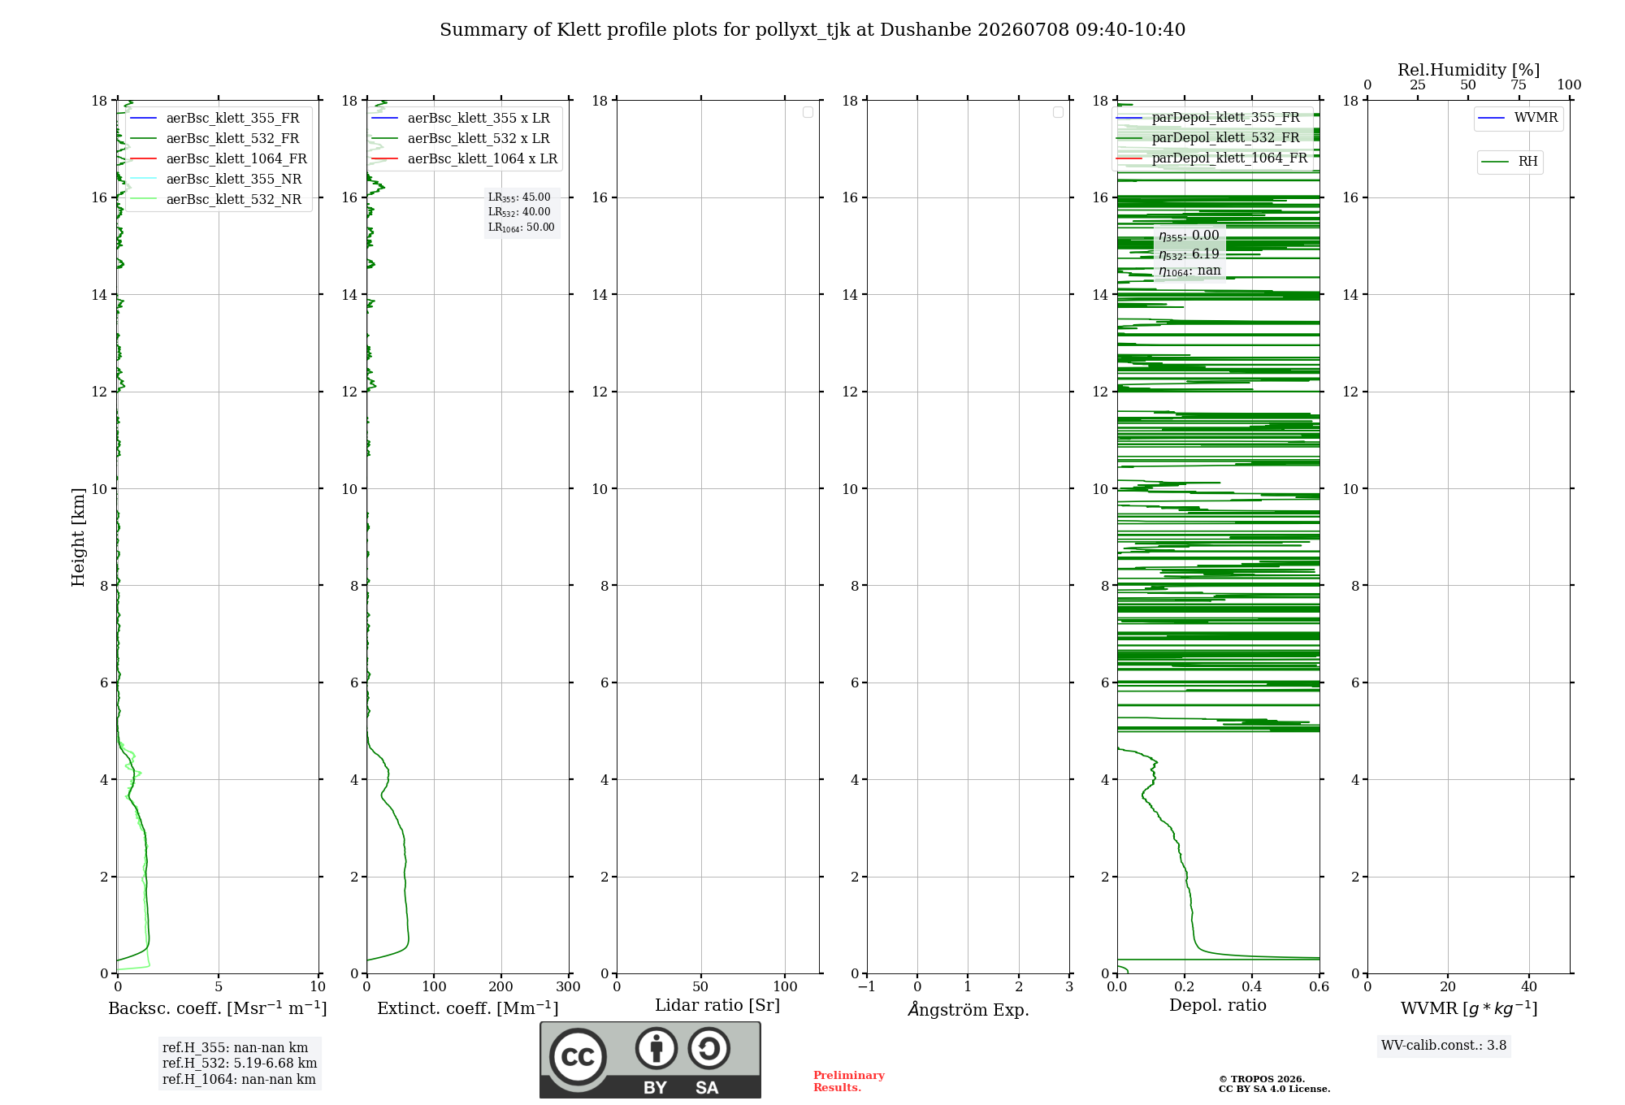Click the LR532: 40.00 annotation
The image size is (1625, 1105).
519,213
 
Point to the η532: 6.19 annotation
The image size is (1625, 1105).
1189,254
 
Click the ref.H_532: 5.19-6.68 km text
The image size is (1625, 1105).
240,1064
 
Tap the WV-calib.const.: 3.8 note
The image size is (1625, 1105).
1444,1046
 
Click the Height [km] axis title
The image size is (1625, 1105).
78,537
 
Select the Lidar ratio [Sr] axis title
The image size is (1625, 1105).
717,1006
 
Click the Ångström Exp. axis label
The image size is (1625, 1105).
968,1009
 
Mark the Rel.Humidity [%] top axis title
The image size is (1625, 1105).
1468,70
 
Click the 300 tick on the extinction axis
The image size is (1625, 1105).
568,987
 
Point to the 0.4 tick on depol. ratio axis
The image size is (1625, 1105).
1252,987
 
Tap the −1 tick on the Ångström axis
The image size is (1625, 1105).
866,987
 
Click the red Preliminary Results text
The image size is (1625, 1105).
849,1081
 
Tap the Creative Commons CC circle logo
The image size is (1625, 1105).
578,1057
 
